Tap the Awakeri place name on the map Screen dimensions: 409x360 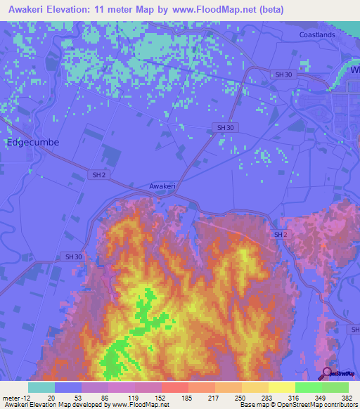tap(162, 186)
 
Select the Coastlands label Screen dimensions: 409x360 tap(316, 34)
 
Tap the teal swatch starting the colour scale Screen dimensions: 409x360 tap(41, 387)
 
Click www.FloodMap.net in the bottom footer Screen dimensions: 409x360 tap(136, 405)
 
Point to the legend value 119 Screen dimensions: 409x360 tap(134, 398)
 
